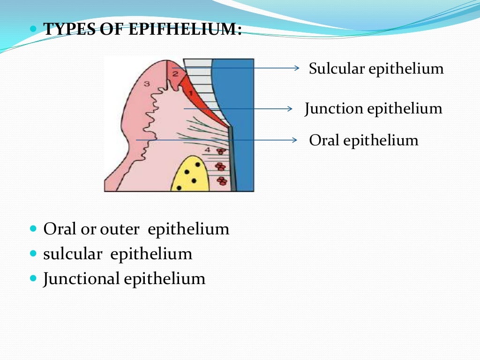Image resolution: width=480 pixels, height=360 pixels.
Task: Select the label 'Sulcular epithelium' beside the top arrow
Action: pyautogui.click(x=376, y=69)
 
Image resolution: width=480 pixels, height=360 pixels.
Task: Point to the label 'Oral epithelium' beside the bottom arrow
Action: pyautogui.click(x=363, y=140)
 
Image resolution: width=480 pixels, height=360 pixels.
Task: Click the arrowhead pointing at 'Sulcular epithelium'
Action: pyautogui.click(x=296, y=68)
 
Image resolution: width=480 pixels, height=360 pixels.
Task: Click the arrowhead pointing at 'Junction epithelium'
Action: pyautogui.click(x=290, y=109)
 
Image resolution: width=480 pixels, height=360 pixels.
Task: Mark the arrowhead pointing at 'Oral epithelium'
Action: pyautogui.click(x=295, y=140)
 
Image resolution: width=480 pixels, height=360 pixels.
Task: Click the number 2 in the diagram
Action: pyautogui.click(x=175, y=73)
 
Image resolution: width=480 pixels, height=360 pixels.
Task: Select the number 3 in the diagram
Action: pyautogui.click(x=147, y=84)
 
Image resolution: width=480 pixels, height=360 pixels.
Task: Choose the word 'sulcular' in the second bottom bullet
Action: pyautogui.click(x=73, y=254)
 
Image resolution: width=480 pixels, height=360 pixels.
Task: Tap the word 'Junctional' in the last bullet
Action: pyautogui.click(x=82, y=279)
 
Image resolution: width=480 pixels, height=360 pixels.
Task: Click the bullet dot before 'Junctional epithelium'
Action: pyautogui.click(x=33, y=278)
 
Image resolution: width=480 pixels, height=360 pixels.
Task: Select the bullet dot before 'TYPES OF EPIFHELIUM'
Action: pyautogui.click(x=33, y=29)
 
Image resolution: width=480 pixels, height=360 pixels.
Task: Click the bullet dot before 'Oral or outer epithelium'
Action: pyautogui.click(x=33, y=229)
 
